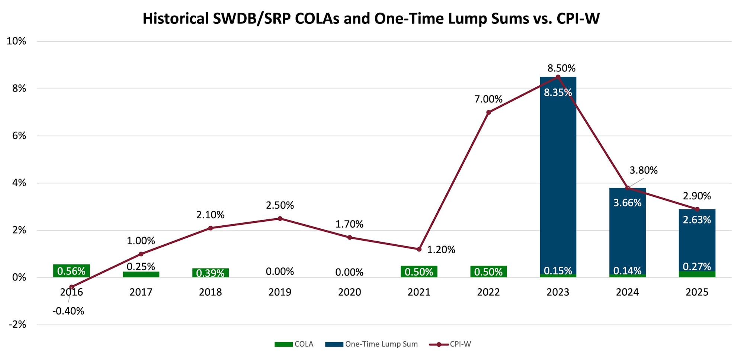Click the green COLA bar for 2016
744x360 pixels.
coord(71,271)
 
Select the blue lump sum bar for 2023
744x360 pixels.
coord(558,167)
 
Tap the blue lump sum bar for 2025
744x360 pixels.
coord(697,242)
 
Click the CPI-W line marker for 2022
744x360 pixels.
coord(488,112)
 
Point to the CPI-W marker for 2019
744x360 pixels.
coord(280,219)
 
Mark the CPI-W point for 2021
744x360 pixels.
coord(419,249)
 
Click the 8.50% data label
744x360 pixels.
coord(561,68)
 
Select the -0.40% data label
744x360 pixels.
coord(68,311)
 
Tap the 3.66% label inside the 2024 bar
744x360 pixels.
coord(627,203)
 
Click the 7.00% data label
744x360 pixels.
coord(488,99)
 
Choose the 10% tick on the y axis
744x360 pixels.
coord(16,41)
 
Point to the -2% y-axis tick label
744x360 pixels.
coord(17,325)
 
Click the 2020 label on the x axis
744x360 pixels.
coord(349,292)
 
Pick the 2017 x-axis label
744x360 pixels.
coord(141,292)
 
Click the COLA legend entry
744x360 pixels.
coord(294,344)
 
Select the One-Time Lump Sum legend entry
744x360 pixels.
coord(372,344)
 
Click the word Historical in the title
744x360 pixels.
coord(176,19)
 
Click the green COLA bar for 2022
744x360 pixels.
coord(488,271)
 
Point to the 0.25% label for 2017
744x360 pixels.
coord(141,267)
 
